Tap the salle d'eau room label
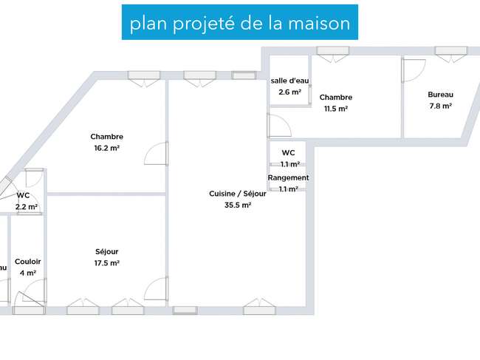click(x=289, y=81)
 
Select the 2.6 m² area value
click(x=289, y=92)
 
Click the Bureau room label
click(x=441, y=95)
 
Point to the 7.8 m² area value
click(x=441, y=106)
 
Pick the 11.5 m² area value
click(x=336, y=109)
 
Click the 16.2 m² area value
click(x=106, y=148)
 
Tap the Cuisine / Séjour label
click(x=238, y=194)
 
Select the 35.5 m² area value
click(x=238, y=206)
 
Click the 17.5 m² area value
click(x=106, y=263)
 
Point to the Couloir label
click(x=27, y=262)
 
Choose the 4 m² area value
click(x=28, y=273)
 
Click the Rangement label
click(x=288, y=177)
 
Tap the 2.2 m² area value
click(x=27, y=207)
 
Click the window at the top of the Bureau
click(x=451, y=51)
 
